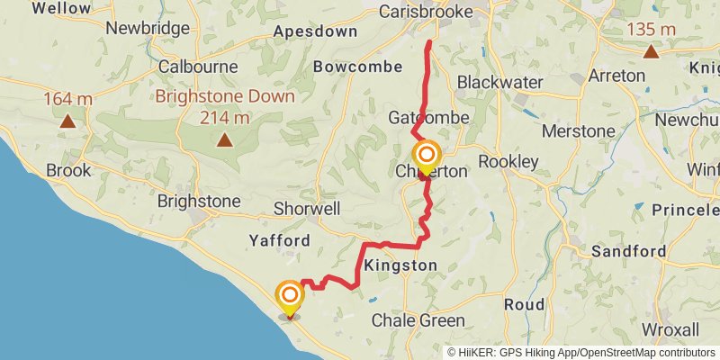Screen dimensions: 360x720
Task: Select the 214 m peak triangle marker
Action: click(223, 139)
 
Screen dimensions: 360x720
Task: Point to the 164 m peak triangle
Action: click(67, 119)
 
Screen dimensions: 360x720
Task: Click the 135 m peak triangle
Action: click(650, 50)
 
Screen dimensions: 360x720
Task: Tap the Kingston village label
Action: click(401, 265)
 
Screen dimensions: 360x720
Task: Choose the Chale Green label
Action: click(418, 320)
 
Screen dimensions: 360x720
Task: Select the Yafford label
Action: click(280, 240)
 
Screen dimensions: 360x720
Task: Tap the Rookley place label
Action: click(508, 162)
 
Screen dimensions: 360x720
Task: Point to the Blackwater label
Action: click(499, 82)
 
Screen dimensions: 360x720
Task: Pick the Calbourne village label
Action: click(197, 67)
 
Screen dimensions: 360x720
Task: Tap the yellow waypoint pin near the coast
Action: click(290, 297)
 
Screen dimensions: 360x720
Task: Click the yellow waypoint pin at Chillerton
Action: click(427, 155)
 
